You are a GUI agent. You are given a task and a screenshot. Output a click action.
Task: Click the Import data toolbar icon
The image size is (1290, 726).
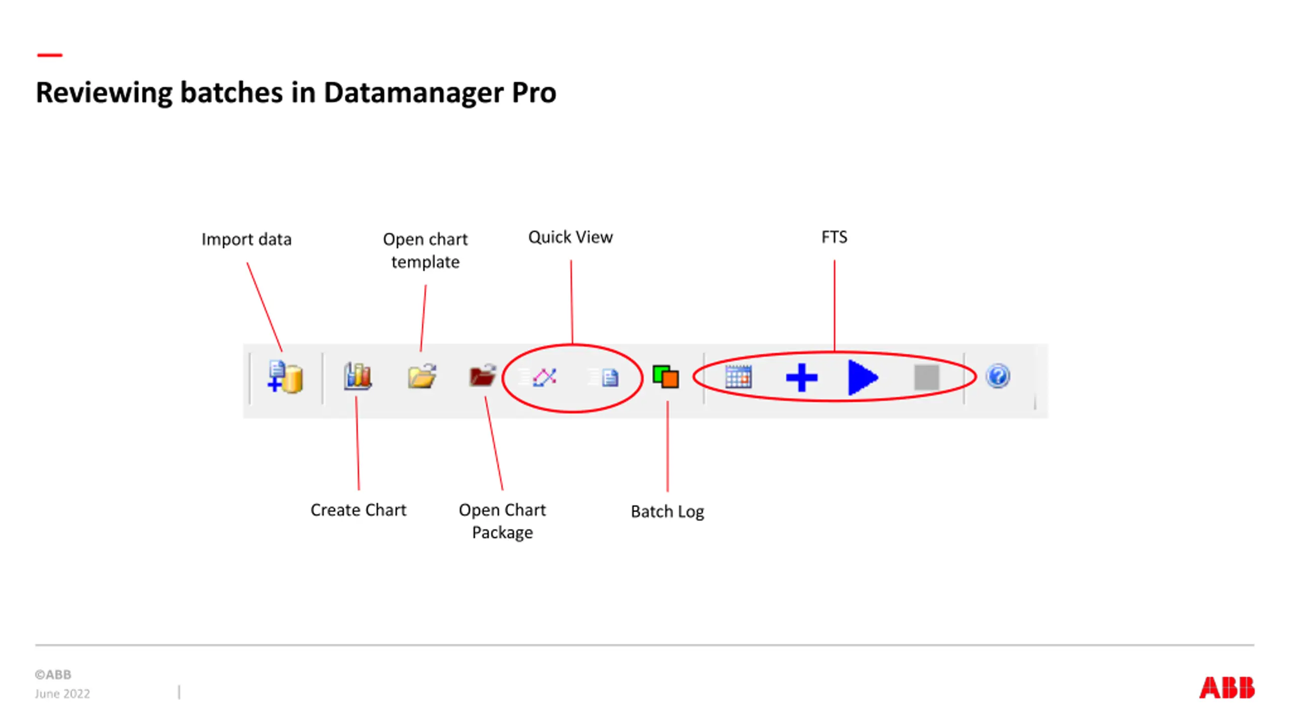click(285, 377)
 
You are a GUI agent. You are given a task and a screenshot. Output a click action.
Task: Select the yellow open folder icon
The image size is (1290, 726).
click(422, 376)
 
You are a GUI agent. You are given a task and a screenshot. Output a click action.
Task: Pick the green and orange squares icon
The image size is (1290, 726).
click(666, 377)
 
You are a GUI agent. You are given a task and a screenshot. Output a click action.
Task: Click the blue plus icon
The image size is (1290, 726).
click(801, 377)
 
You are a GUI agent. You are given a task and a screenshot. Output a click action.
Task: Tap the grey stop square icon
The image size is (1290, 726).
click(926, 377)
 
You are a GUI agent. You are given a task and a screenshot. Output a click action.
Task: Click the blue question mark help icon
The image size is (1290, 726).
click(998, 376)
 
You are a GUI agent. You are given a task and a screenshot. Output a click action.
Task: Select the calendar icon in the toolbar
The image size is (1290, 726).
click(738, 377)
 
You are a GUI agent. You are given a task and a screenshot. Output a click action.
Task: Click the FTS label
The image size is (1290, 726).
click(834, 237)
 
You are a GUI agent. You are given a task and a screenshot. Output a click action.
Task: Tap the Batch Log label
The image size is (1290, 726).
click(667, 511)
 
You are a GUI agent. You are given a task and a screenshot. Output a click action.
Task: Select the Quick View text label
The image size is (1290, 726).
click(570, 237)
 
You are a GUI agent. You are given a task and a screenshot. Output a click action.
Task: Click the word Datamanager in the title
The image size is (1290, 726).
click(413, 93)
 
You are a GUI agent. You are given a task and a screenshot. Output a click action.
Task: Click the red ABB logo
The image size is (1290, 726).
click(1227, 688)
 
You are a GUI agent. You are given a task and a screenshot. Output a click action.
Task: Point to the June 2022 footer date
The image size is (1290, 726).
click(62, 694)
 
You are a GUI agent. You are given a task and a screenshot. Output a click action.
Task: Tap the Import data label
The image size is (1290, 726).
click(246, 239)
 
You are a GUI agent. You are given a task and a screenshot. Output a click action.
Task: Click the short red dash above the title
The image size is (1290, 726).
click(49, 55)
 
